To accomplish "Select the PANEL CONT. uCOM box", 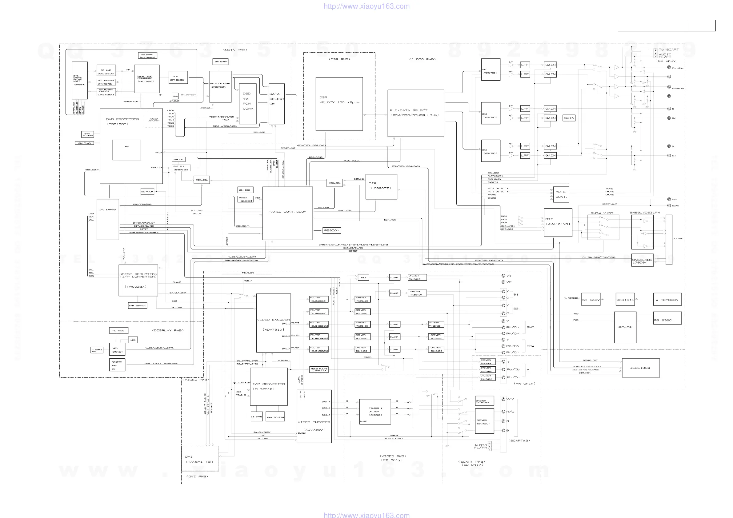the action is pyautogui.click(x=287, y=213).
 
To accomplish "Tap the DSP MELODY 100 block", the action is pyautogui.click(x=339, y=104).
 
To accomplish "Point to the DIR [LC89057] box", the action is pyautogui.click(x=381, y=186).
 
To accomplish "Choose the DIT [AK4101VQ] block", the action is pyautogui.click(x=558, y=222).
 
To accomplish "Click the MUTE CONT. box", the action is pyautogui.click(x=561, y=194).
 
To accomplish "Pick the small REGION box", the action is pyautogui.click(x=332, y=230).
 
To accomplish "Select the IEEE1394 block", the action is pyautogui.click(x=640, y=368).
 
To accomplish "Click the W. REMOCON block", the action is pyautogui.click(x=667, y=300).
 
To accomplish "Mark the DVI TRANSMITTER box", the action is pyautogui.click(x=200, y=459).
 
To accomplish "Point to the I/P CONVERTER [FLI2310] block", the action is pyautogui.click(x=269, y=387).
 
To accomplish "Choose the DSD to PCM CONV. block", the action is pyautogui.click(x=248, y=104).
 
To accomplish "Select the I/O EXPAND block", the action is pyautogui.click(x=108, y=219).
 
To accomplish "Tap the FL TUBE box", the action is pyautogui.click(x=118, y=331).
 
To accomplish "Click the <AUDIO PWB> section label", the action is pyautogui.click(x=423, y=59).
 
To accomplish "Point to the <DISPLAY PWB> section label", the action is pyautogui.click(x=168, y=330).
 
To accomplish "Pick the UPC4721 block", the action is pyautogui.click(x=625, y=327).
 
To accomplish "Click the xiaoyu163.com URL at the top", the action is pyautogui.click(x=366, y=6).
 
